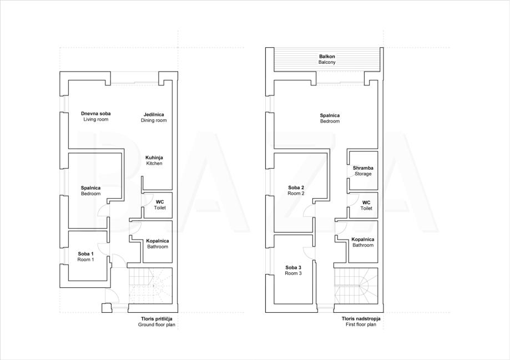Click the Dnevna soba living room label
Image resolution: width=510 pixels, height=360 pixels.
[x=95, y=116]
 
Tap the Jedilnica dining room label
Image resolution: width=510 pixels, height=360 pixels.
[x=154, y=118]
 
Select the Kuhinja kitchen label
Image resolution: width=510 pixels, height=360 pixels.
[x=154, y=160]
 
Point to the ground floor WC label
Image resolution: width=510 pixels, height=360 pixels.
[x=160, y=205]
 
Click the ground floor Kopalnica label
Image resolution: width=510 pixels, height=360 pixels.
[x=158, y=244]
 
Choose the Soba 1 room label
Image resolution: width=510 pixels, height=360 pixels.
[x=86, y=257]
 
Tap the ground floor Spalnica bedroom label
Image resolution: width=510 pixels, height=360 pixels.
[x=91, y=191]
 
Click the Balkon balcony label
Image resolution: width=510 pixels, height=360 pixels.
[x=327, y=59]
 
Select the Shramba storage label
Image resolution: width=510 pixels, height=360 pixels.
[x=363, y=171]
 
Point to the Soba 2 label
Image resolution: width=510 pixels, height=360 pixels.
[x=296, y=190]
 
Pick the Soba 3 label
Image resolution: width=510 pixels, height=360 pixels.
[x=294, y=270]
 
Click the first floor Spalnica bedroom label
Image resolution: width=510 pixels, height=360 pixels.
[x=330, y=118]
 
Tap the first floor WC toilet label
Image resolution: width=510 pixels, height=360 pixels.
[x=366, y=205]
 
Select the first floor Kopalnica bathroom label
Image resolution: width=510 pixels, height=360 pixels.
[x=363, y=242]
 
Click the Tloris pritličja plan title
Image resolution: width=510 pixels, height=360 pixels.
[x=156, y=322]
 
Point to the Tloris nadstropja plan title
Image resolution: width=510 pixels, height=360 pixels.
[x=361, y=322]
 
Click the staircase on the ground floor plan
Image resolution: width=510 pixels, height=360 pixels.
[x=150, y=286]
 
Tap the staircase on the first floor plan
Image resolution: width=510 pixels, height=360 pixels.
[x=356, y=286]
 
